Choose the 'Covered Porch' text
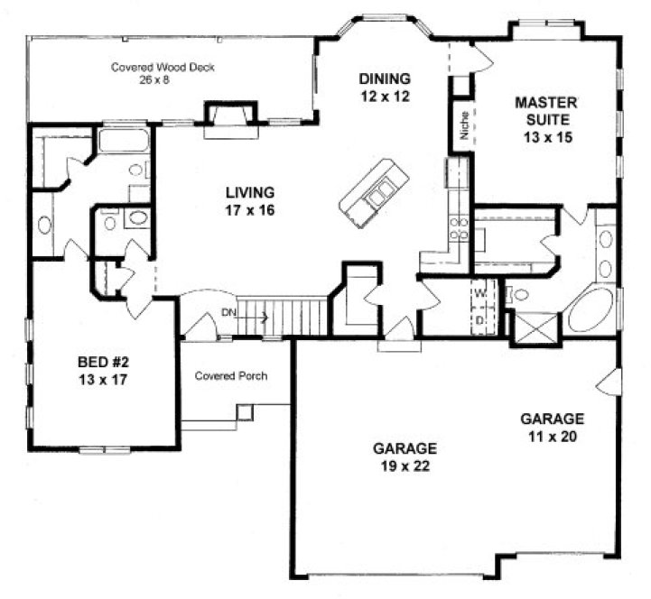230,375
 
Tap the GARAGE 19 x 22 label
405,456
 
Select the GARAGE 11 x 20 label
553,427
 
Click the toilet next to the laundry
519,294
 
